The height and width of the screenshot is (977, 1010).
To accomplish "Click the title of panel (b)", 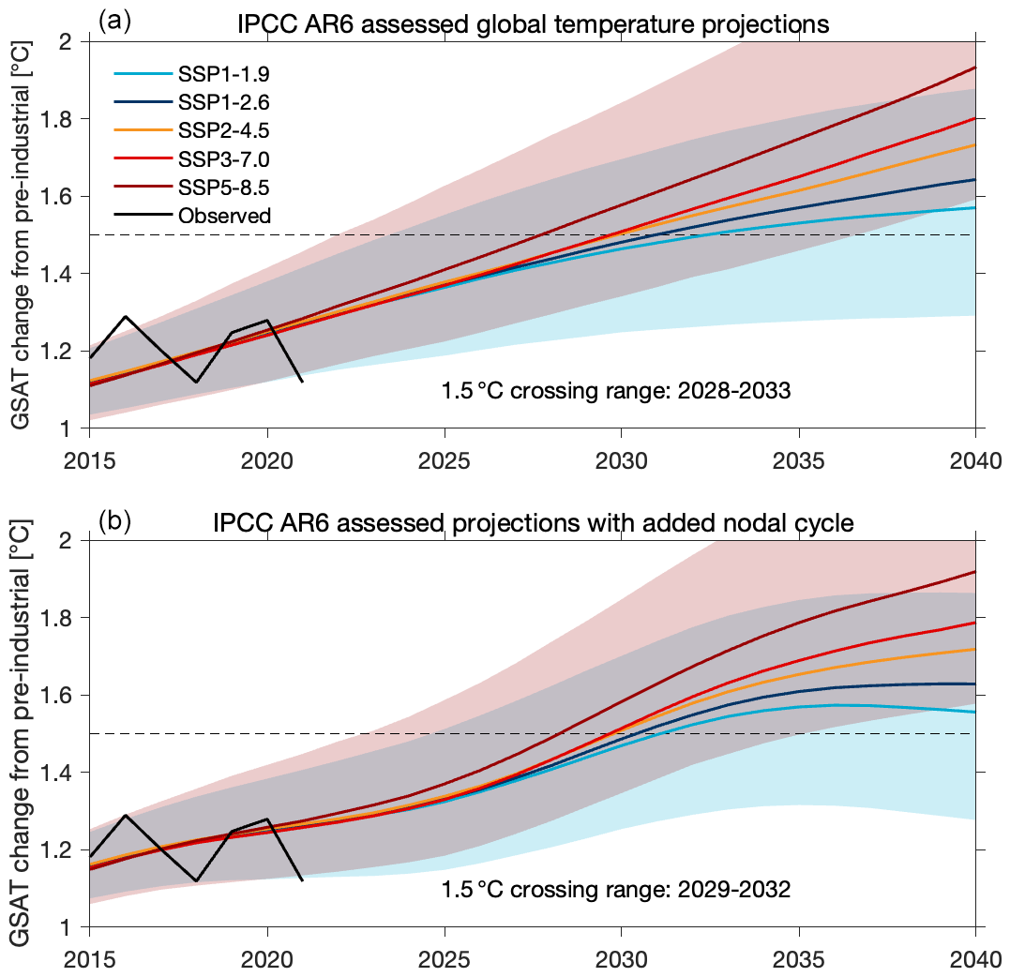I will [532, 523].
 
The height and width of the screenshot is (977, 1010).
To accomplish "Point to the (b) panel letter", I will [113, 520].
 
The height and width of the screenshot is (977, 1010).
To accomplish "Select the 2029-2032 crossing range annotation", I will [616, 889].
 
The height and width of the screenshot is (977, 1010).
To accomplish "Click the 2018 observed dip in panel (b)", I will [196, 880].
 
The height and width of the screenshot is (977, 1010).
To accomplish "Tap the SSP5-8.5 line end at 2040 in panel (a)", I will [975, 68].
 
